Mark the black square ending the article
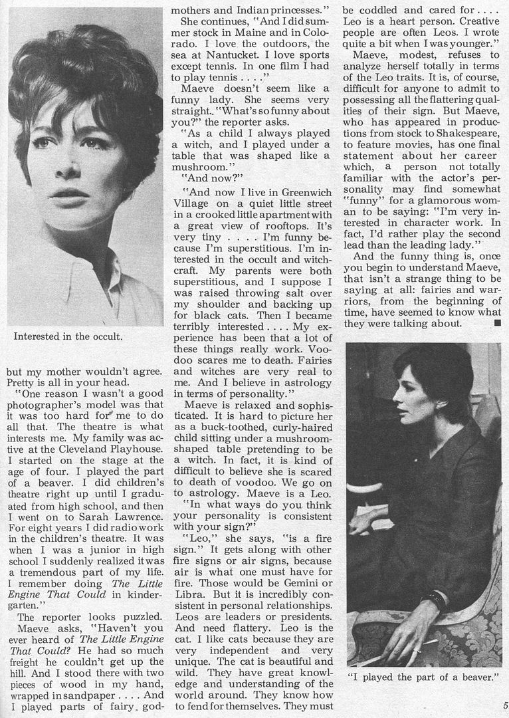point(496,324)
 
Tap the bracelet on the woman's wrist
point(436,600)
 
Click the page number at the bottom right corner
point(506,706)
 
